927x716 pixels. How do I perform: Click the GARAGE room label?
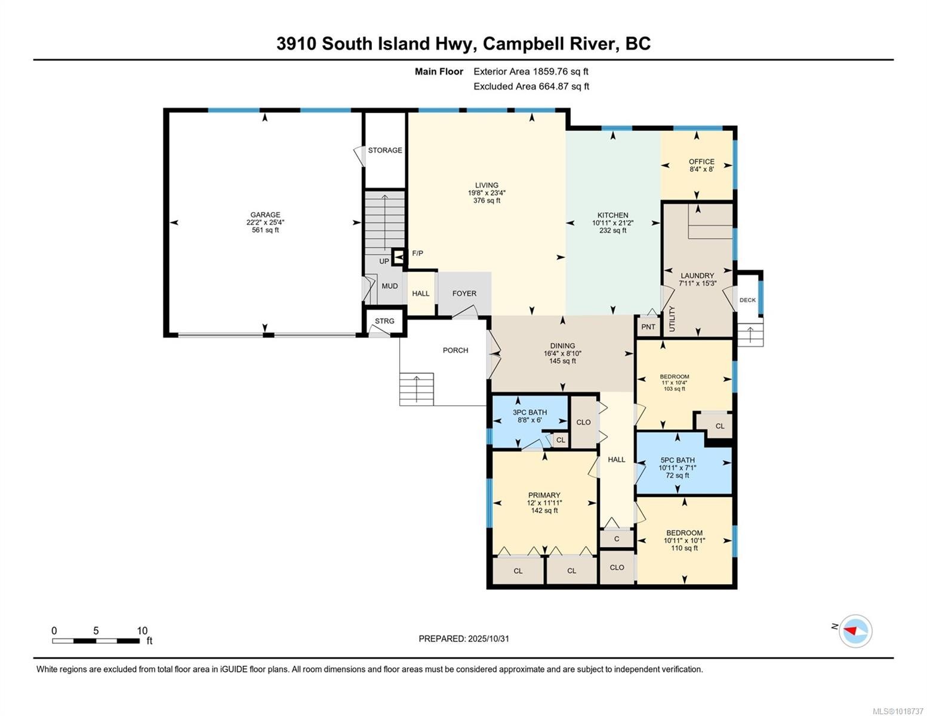point(265,215)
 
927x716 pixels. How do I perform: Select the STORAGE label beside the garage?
point(384,150)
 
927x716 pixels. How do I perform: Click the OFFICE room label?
point(701,162)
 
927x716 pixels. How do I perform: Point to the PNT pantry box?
point(648,326)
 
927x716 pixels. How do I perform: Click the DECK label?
point(747,300)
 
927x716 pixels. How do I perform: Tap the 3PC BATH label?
point(529,412)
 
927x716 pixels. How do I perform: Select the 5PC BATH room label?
point(677,460)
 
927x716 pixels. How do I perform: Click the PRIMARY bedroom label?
point(544,495)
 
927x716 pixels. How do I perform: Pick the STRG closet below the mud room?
point(384,321)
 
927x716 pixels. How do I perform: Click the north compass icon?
point(855,631)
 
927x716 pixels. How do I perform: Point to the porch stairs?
point(416,389)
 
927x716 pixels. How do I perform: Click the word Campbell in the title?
point(519,44)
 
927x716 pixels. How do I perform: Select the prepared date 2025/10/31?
point(488,638)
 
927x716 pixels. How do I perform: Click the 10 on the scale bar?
point(142,631)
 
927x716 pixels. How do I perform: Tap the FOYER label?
point(464,294)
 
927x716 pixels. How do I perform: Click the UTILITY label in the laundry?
point(672,319)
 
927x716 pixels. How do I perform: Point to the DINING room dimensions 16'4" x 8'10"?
point(562,353)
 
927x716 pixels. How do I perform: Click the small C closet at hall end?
point(616,539)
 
